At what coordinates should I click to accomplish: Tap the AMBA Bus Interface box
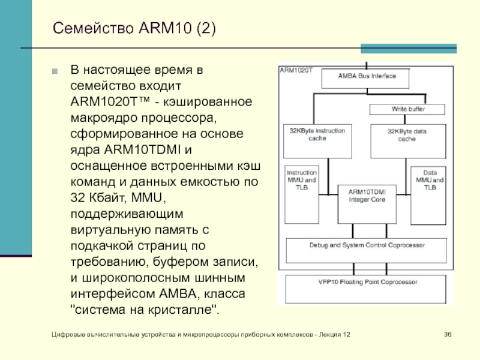[x=367, y=77]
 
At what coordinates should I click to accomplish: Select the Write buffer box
[x=409, y=109]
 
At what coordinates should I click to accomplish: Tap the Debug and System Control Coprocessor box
[x=367, y=245]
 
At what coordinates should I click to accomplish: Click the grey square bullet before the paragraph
[x=55, y=70]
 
